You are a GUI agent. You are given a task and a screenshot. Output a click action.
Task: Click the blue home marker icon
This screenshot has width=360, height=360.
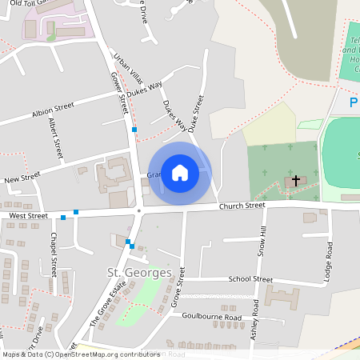click(x=180, y=173)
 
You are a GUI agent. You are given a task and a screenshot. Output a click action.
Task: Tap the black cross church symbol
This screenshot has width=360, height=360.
click(x=295, y=181)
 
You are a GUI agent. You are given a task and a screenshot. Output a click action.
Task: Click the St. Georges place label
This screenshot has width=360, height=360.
click(x=140, y=273)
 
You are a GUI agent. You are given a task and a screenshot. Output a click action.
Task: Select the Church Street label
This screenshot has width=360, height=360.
click(x=242, y=206)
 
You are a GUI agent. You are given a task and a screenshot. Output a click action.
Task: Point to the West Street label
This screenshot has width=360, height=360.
click(x=29, y=216)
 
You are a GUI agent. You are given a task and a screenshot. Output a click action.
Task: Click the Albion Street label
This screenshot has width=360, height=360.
click(x=53, y=110)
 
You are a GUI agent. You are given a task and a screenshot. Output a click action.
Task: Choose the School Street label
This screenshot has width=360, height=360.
click(x=250, y=279)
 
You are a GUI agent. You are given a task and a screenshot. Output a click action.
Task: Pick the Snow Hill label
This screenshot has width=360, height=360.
click(x=262, y=241)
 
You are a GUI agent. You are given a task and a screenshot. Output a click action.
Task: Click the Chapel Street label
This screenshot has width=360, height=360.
click(x=54, y=254)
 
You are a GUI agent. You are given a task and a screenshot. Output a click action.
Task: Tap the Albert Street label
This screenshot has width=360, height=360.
click(x=56, y=137)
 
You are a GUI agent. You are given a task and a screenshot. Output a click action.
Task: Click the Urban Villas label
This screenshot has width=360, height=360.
click(x=128, y=69)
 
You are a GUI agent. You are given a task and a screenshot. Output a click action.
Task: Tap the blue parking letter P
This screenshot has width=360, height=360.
click(x=354, y=102)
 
